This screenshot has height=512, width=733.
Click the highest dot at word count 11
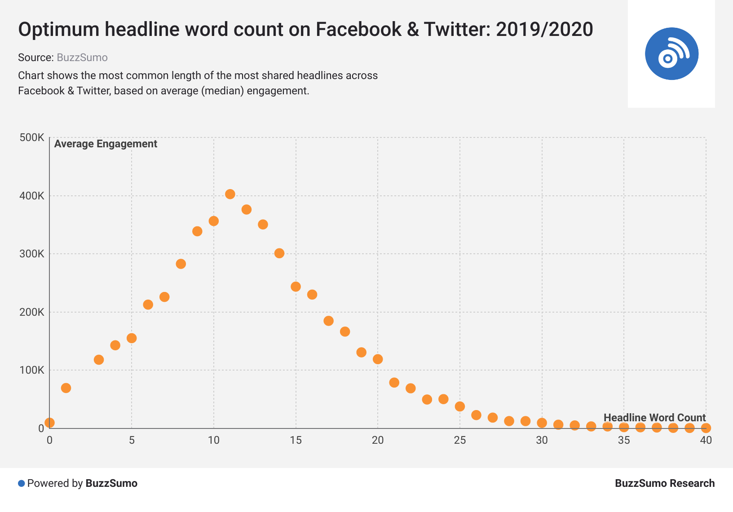coord(230,194)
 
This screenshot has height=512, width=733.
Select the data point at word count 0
coord(49,423)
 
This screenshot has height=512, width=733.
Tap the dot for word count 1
coord(66,388)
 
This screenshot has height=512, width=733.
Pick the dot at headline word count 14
coord(279,253)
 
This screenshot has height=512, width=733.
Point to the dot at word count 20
coord(378,359)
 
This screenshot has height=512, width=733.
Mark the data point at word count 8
coord(181,264)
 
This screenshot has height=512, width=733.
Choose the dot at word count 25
coord(460,406)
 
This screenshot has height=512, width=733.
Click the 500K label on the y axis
coord(32,137)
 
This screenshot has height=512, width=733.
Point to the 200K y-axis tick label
coord(32,312)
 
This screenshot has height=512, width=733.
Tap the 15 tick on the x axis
coord(296,440)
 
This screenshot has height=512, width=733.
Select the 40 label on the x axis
coord(706,440)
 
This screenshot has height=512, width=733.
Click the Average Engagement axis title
coord(106,144)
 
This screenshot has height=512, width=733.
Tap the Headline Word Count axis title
coord(654,418)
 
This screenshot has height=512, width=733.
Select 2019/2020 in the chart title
coord(544,30)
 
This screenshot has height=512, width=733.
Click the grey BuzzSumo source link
coord(82,57)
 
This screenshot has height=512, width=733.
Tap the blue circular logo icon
coord(671,54)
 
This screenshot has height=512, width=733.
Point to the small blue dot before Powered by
coord(21,483)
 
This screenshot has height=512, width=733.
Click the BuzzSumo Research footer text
coord(665,483)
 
